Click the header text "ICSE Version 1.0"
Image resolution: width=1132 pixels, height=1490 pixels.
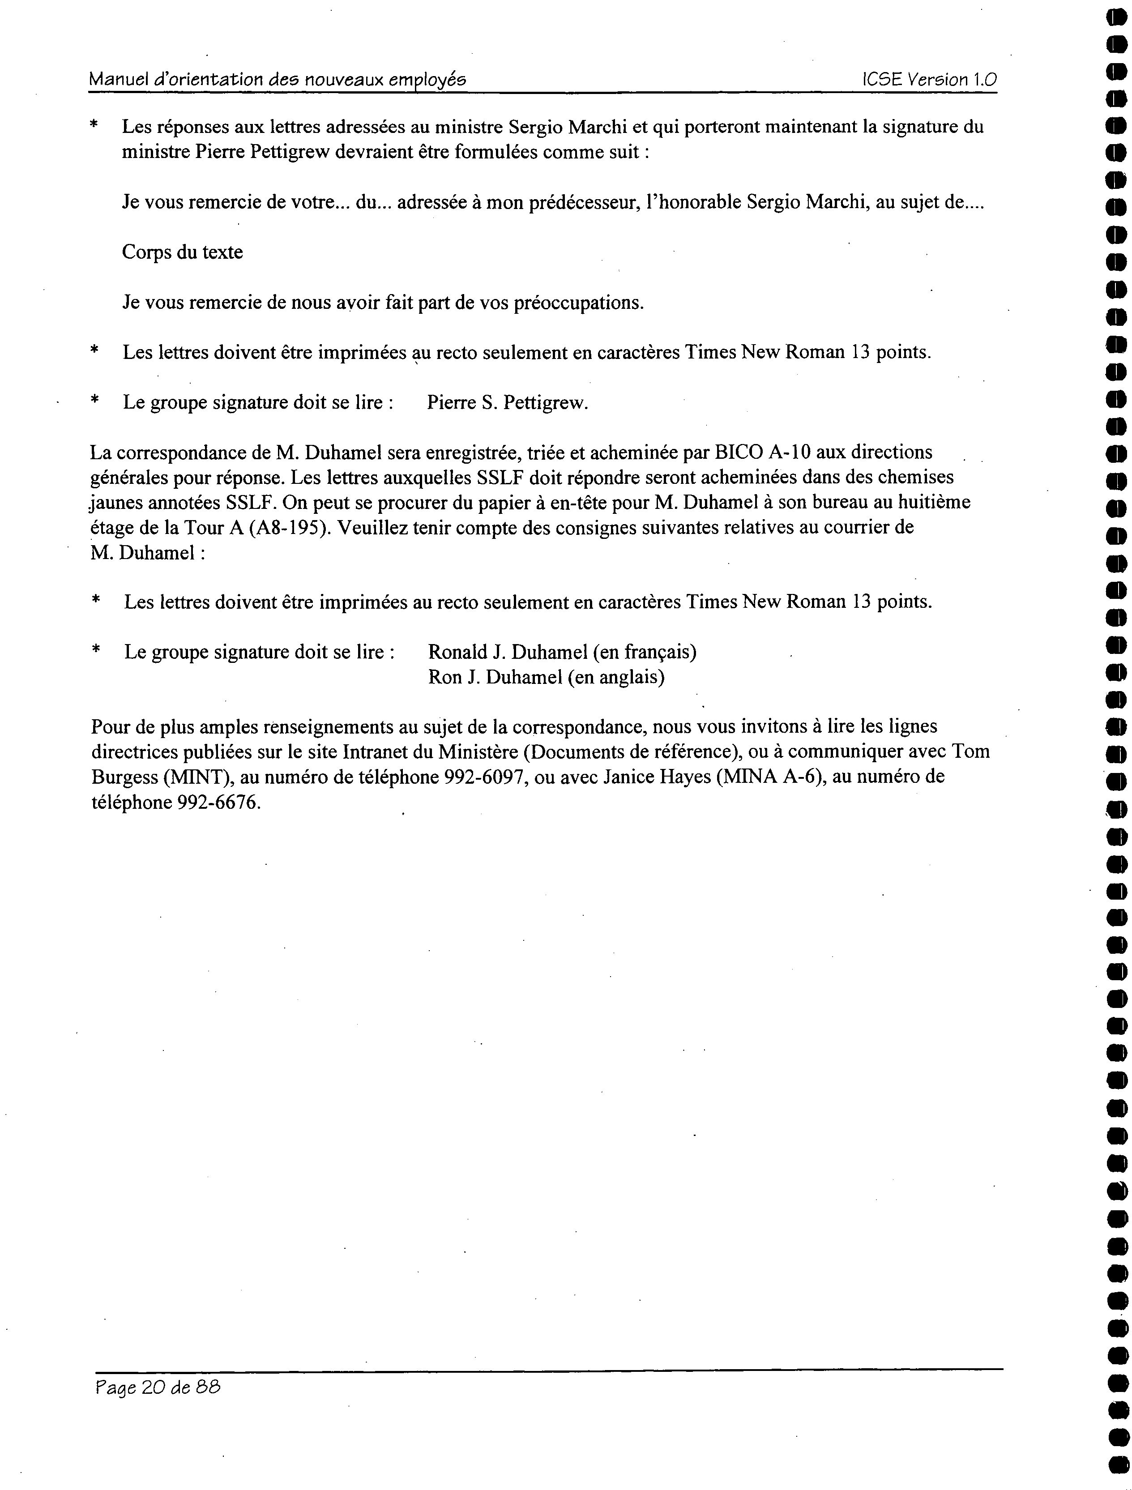click(x=929, y=80)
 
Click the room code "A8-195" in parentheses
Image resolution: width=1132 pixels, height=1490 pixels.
click(x=290, y=527)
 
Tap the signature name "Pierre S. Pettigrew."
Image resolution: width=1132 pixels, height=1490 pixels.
click(x=508, y=403)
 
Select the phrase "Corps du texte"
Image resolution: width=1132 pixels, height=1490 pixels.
click(x=182, y=252)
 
